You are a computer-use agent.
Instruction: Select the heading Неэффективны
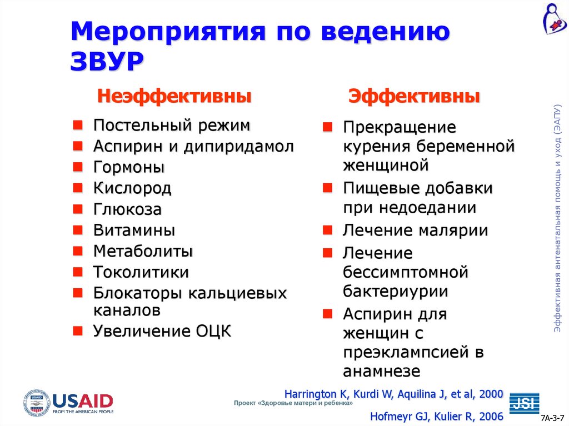click(174, 97)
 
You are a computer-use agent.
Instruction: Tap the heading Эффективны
click(414, 97)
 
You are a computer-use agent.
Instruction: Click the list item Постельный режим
click(171, 126)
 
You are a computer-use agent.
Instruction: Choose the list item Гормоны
click(128, 167)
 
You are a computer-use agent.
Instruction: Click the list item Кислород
click(132, 188)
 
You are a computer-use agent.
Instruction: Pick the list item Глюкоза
click(127, 209)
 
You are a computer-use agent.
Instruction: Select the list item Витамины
click(134, 230)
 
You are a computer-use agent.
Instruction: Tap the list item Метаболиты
click(143, 251)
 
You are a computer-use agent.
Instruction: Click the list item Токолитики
click(141, 272)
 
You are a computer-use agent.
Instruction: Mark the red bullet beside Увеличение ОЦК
click(78, 332)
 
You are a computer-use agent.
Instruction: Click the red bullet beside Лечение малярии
click(328, 229)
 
